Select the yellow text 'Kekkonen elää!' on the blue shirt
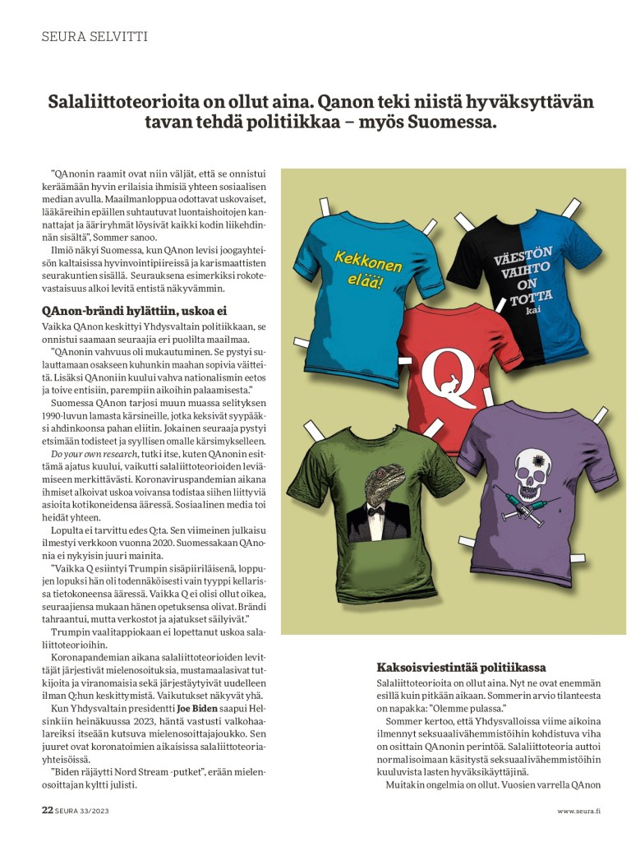click(366, 268)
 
